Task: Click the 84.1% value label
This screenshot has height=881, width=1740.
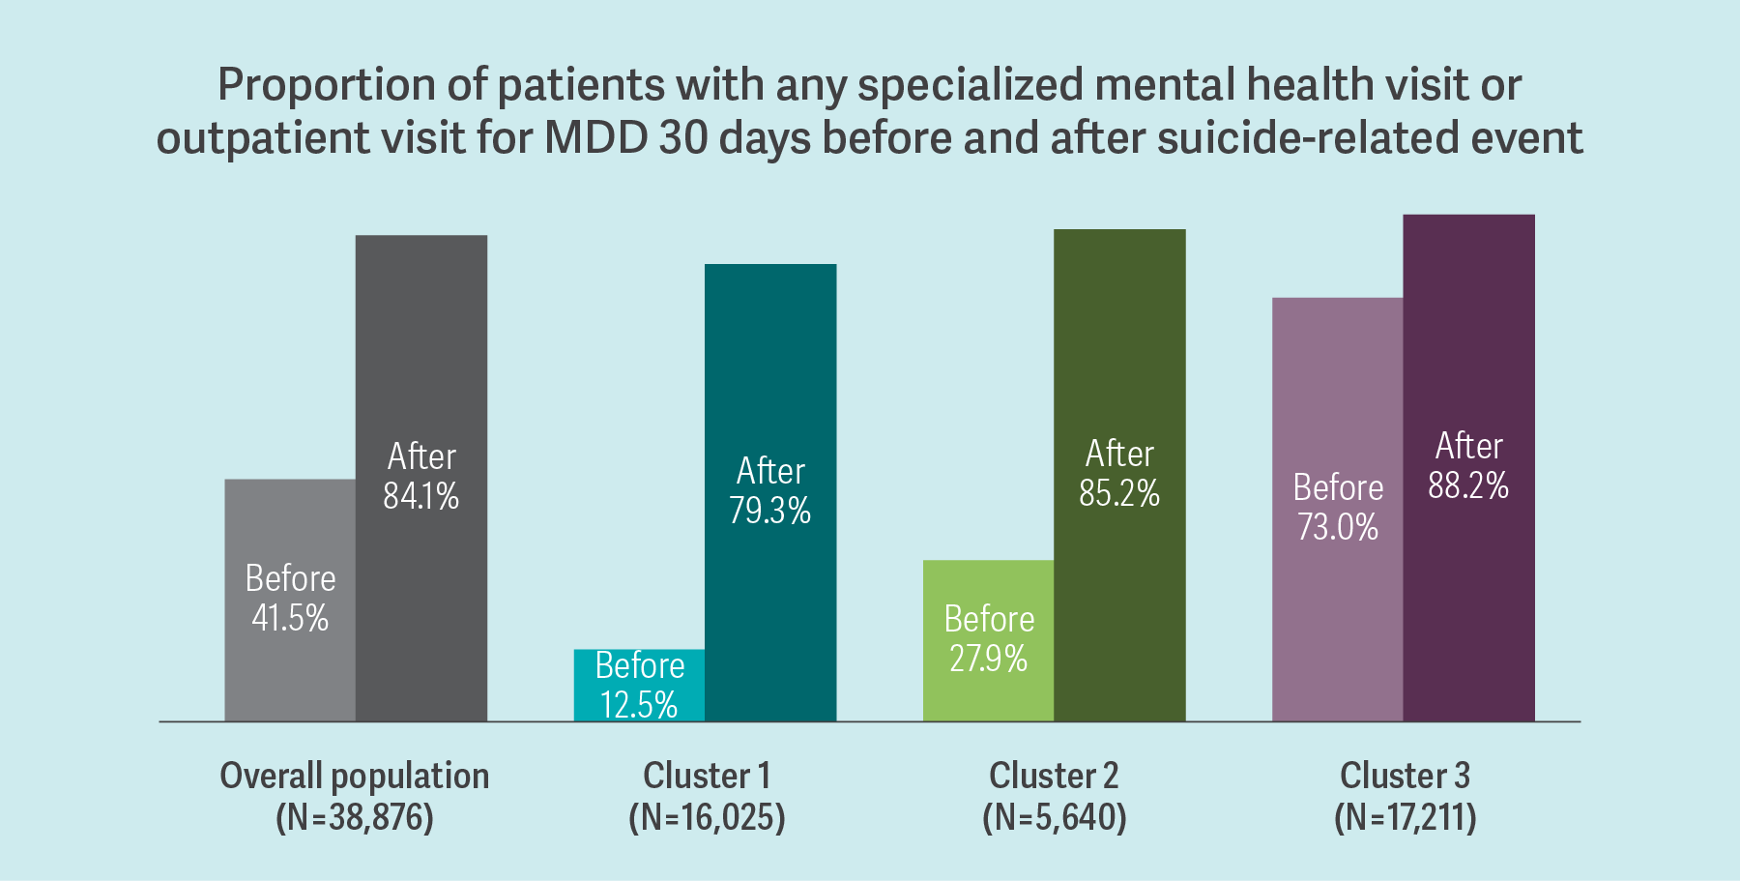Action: [x=421, y=496]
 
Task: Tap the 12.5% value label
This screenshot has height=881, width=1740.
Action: [x=639, y=705]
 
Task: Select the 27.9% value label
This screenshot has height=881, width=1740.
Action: [x=988, y=659]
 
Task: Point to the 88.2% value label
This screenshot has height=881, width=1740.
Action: [x=1468, y=485]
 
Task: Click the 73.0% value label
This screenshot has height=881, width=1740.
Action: [x=1338, y=527]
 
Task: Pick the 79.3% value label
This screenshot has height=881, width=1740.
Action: [x=770, y=511]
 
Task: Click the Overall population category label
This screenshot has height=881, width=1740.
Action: [x=355, y=776]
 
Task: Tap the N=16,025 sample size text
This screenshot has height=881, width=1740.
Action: [x=707, y=818]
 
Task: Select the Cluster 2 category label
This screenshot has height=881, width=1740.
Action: [x=1054, y=776]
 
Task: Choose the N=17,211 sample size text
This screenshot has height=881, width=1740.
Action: [x=1406, y=818]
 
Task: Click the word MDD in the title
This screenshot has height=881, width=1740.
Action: [x=595, y=137]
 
